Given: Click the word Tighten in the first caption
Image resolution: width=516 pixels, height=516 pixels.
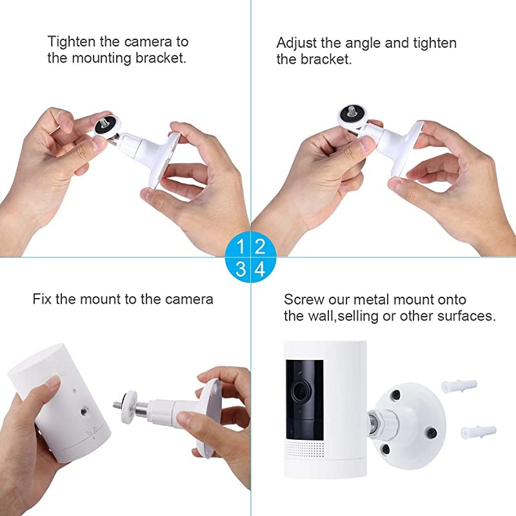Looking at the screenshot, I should (x=72, y=42).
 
